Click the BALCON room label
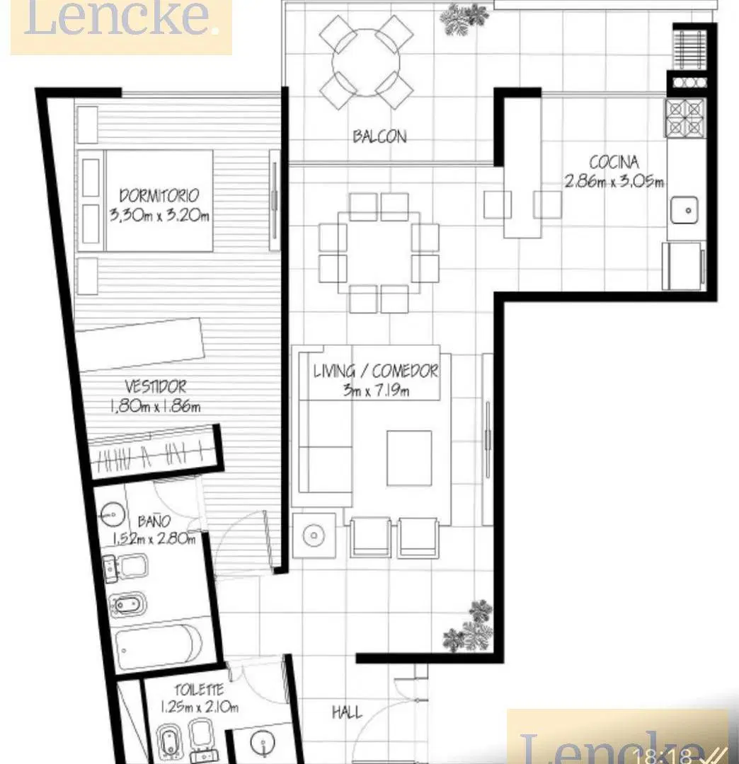click(379, 136)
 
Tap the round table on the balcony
click(365, 62)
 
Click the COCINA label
click(614, 162)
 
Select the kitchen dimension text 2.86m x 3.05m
click(614, 181)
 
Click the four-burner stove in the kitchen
click(685, 117)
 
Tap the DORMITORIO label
click(159, 195)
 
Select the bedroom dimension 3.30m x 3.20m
click(159, 215)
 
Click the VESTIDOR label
click(155, 387)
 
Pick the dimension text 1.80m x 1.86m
click(155, 406)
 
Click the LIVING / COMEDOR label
click(375, 371)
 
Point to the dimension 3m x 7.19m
click(375, 390)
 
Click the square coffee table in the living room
click(409, 458)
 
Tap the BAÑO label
click(154, 521)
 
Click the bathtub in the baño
click(159, 644)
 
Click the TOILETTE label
click(199, 690)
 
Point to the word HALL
click(347, 712)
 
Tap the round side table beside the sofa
click(314, 536)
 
